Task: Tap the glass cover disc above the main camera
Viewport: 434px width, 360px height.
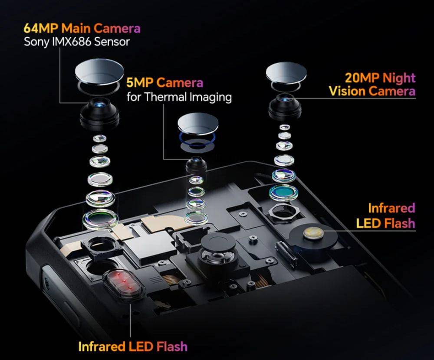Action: point(98,70)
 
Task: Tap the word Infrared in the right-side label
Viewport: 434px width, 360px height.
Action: point(391,208)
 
